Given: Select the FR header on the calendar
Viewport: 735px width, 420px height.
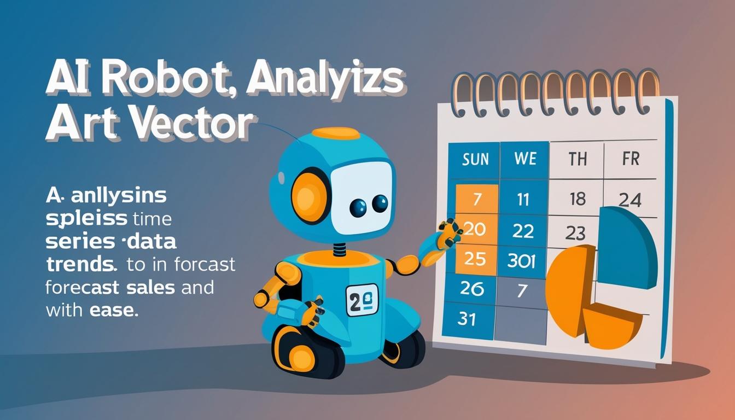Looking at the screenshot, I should point(630,159).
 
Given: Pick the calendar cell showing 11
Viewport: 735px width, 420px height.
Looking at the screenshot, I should point(523,199).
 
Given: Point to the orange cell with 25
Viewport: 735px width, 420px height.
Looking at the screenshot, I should point(475,258).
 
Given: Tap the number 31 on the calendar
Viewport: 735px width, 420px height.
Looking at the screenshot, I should point(466,318).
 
